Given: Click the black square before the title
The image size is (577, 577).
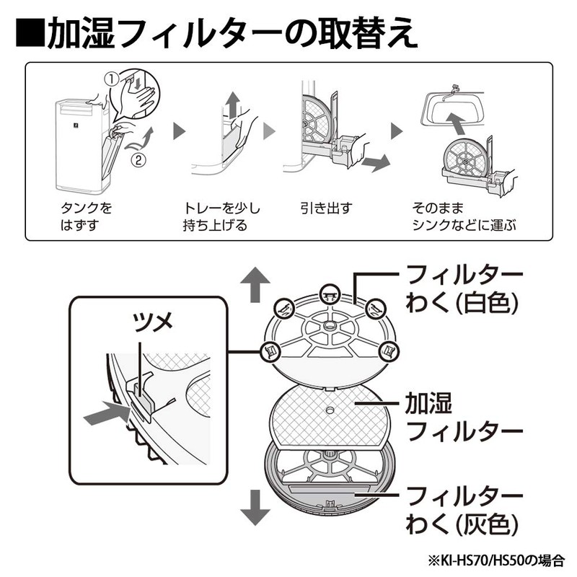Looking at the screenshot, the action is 30,32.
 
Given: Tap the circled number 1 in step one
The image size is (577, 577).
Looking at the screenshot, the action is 112,79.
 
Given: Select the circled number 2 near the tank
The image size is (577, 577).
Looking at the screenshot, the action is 138,159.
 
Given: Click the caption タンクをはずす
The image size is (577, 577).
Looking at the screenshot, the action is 86,217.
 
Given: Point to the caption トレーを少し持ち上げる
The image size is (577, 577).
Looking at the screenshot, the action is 221,217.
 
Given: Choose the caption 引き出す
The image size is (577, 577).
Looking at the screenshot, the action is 326,208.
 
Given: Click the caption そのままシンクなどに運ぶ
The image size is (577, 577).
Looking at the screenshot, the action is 464,217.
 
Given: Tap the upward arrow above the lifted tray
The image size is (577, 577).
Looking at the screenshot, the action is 232,105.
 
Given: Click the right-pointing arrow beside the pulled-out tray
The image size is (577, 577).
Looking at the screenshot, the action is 375,162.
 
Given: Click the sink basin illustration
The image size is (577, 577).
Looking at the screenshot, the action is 453,106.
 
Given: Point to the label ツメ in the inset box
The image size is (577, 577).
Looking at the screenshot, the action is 152,322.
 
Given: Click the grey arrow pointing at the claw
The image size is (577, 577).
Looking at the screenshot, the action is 106,413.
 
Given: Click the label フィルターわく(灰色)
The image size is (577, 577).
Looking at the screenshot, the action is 463,510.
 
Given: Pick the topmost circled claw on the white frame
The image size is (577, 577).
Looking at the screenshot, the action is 330,294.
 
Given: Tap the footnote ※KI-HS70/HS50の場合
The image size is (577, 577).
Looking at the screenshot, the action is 495,561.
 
